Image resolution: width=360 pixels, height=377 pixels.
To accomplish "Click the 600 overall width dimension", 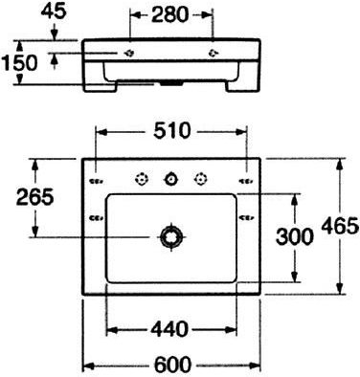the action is pos(172,365).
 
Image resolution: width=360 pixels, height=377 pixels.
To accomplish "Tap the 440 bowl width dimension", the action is pos(169,329).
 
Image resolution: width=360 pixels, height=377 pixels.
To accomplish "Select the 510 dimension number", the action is pos(172,131).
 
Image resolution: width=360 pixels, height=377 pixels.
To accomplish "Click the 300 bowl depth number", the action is pos(295,237).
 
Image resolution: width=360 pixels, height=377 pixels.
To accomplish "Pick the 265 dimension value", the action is pos(34,197).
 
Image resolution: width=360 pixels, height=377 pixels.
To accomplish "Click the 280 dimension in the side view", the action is pos(170,14).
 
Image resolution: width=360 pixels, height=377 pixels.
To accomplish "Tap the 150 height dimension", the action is pos(19,62).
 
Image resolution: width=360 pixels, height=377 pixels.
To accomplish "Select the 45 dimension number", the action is pos(54,11).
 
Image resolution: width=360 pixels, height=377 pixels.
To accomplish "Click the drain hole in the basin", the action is pos(172,236).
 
